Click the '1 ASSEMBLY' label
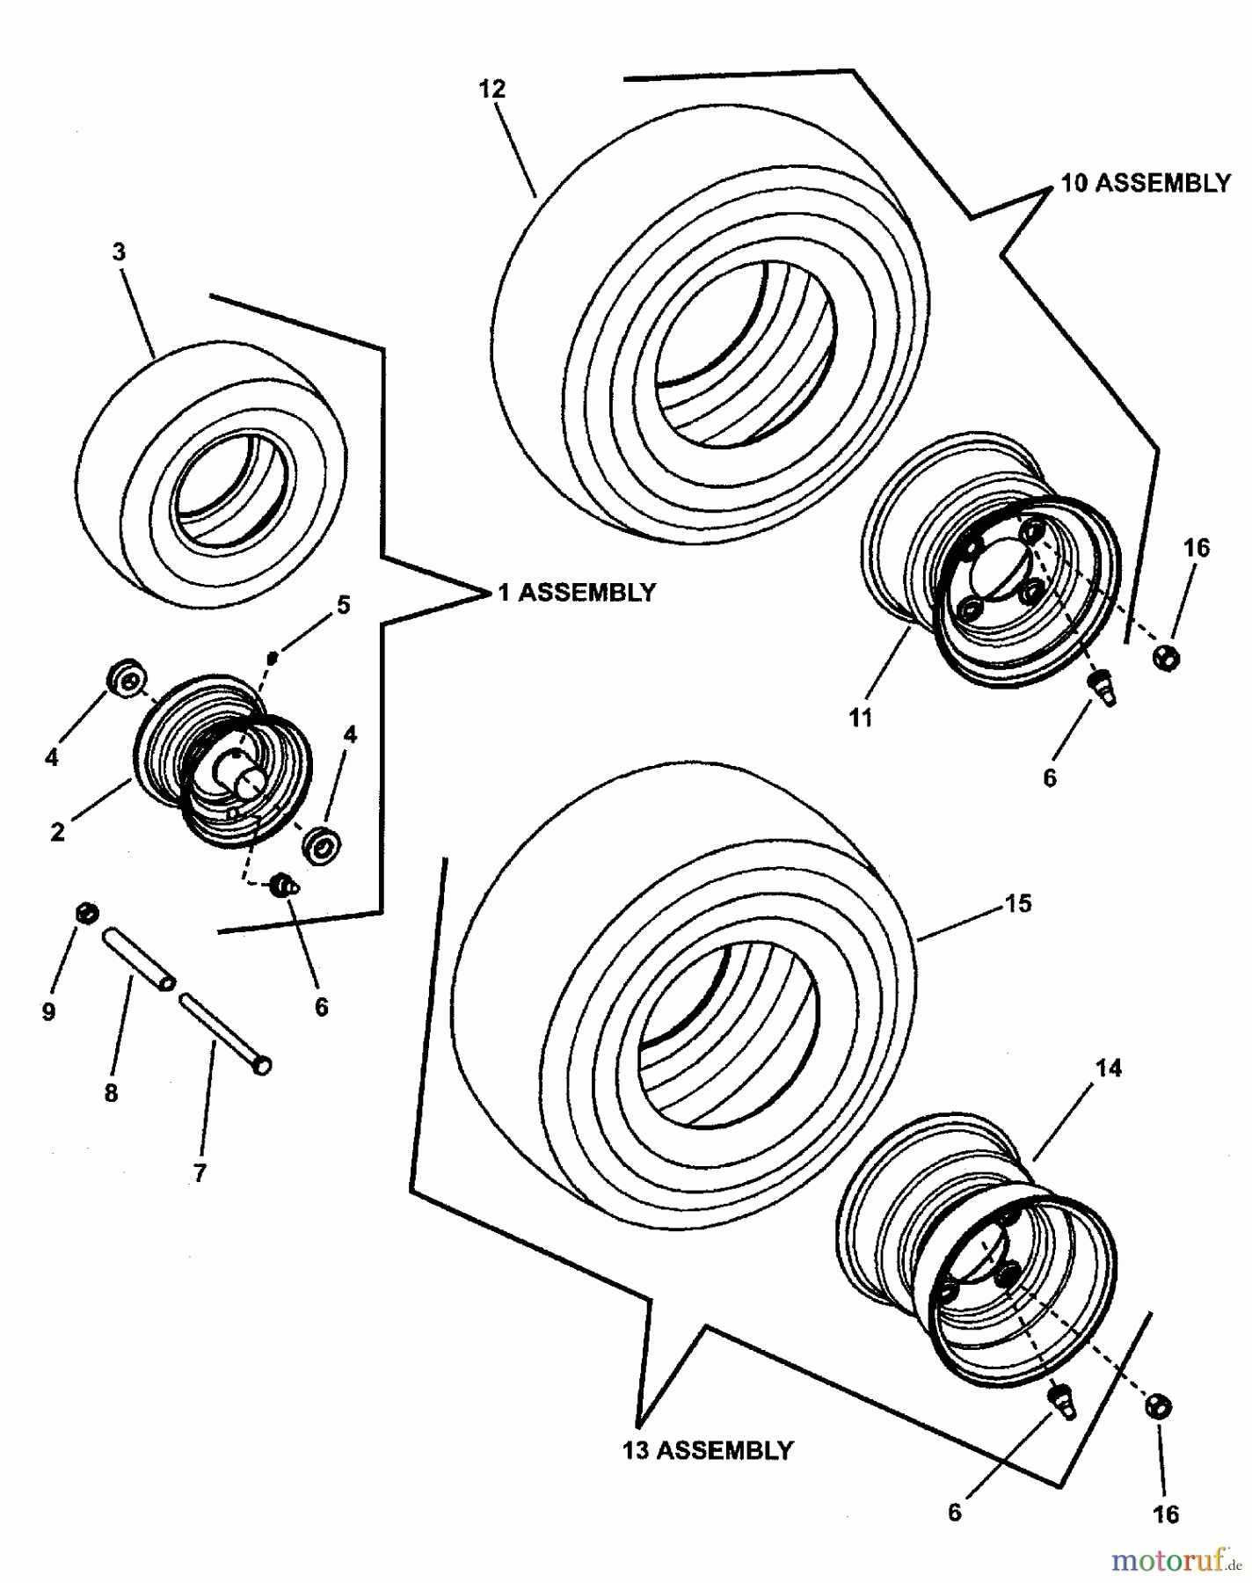pyautogui.click(x=577, y=593)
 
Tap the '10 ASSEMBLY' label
pyautogui.click(x=1146, y=183)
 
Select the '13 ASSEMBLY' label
pyautogui.click(x=708, y=1449)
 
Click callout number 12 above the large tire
pyautogui.click(x=492, y=89)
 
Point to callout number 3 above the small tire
pyautogui.click(x=119, y=252)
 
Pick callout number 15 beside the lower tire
pyautogui.click(x=1017, y=903)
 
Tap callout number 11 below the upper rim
pyautogui.click(x=861, y=718)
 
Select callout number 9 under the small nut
pyautogui.click(x=48, y=1012)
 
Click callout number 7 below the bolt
pyautogui.click(x=200, y=1172)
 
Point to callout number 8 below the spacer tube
pyautogui.click(x=111, y=1093)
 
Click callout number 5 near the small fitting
pyautogui.click(x=343, y=605)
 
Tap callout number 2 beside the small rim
pyautogui.click(x=57, y=831)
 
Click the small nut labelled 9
pyautogui.click(x=85, y=912)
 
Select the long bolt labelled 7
pyautogui.click(x=225, y=1034)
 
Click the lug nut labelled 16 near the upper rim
pyautogui.click(x=1166, y=656)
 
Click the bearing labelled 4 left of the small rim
pyautogui.click(x=127, y=681)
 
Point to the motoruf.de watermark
pyautogui.click(x=1176, y=1559)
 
